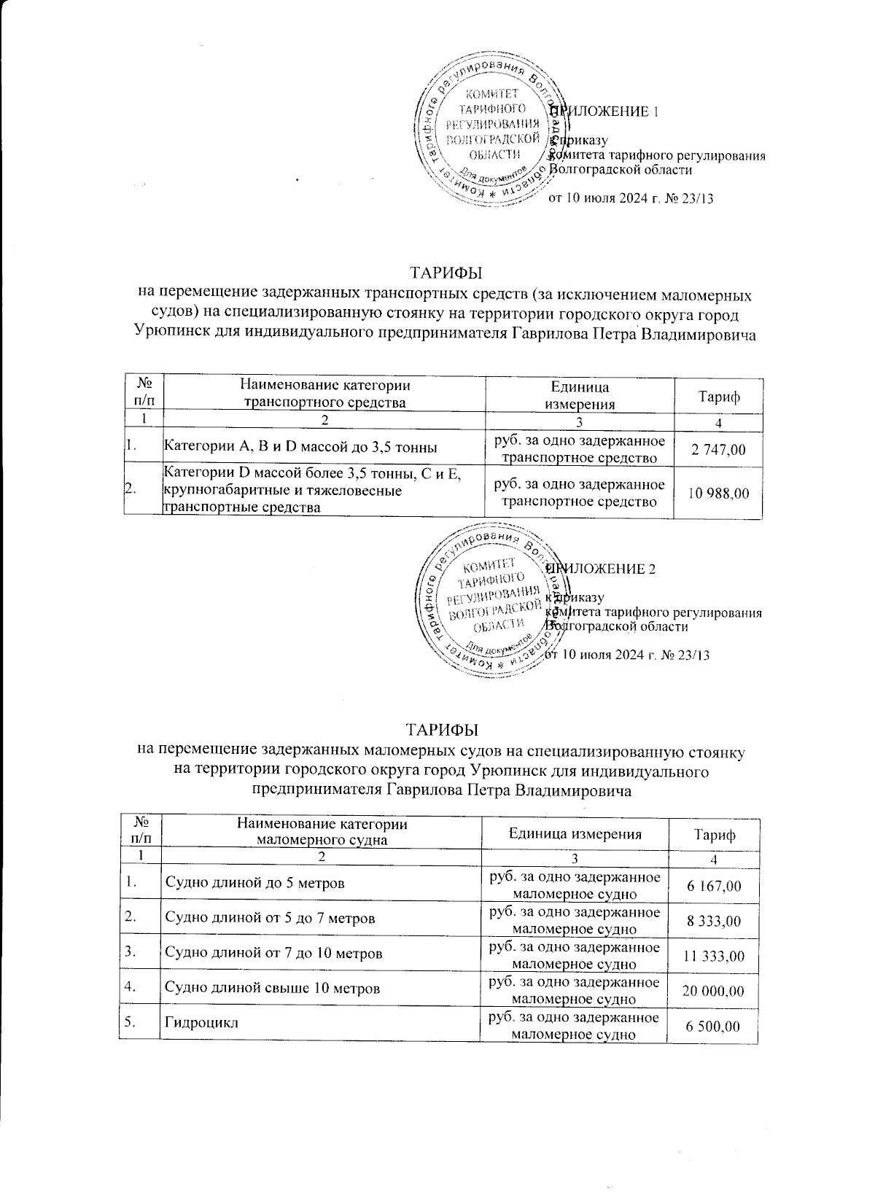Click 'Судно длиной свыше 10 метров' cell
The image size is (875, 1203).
273,989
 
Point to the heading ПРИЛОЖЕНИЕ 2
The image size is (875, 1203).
604,569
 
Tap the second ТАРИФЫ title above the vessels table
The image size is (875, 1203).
442,729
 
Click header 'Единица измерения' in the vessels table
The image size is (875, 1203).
575,833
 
